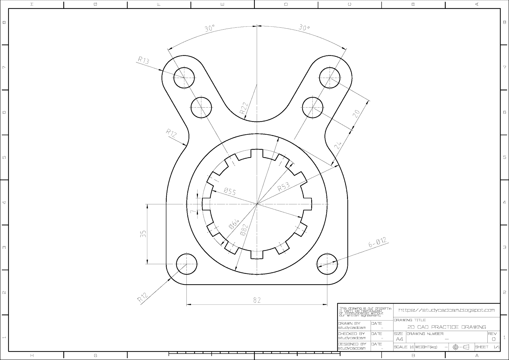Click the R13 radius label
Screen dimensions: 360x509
point(143,60)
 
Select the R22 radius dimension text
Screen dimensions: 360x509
point(244,109)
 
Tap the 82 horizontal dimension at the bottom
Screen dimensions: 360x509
point(257,300)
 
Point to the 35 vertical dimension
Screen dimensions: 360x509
point(143,234)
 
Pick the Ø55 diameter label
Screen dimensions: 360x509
point(230,191)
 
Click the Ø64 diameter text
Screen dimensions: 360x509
point(234,224)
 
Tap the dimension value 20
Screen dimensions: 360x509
point(357,113)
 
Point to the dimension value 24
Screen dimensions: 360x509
point(338,145)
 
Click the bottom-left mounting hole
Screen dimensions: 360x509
point(186,264)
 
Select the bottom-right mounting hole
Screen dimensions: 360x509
point(327,264)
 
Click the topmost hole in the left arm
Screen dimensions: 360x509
point(184,78)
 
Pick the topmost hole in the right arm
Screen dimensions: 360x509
point(330,77)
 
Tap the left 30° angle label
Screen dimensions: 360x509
point(210,28)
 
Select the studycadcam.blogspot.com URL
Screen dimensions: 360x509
point(447,310)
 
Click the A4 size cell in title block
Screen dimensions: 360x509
point(399,339)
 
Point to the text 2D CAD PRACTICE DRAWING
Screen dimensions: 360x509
point(447,327)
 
